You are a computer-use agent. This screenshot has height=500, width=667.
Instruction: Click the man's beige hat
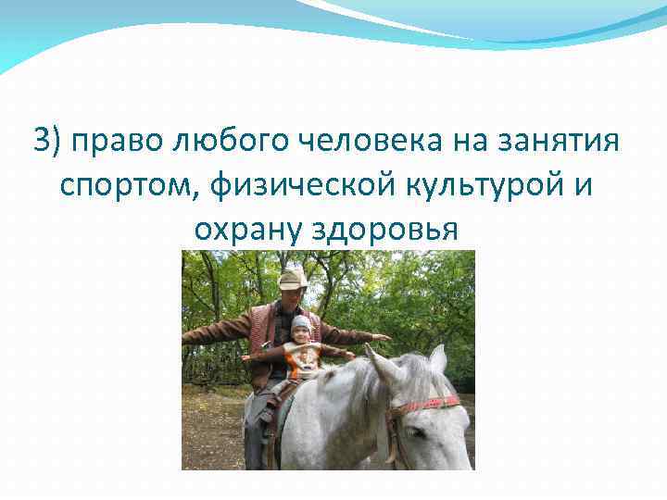click(x=293, y=278)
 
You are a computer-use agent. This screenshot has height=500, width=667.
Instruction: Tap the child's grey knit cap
click(x=301, y=323)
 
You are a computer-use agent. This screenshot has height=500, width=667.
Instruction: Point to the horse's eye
click(x=414, y=431)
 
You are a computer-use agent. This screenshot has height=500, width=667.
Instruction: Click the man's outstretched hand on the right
click(x=380, y=337)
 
